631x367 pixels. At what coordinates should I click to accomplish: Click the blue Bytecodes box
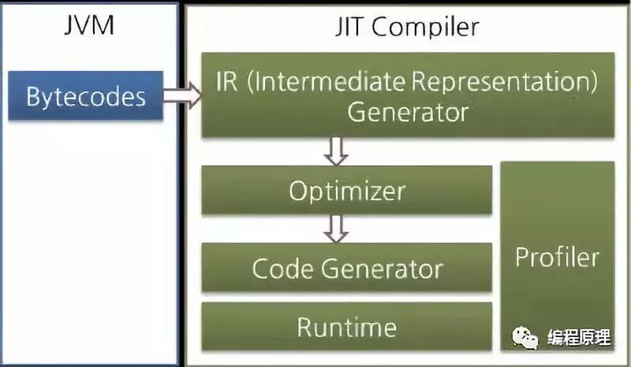click(86, 96)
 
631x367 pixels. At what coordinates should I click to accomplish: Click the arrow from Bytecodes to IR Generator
click(182, 96)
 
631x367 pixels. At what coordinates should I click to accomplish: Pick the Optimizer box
click(347, 190)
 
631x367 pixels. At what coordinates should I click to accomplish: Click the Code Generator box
click(347, 268)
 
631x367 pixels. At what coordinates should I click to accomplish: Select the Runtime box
click(347, 326)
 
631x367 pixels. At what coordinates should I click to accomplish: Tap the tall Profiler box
click(557, 256)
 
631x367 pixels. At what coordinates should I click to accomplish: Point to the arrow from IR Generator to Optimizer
click(337, 150)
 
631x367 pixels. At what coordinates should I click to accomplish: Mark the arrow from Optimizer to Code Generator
click(337, 228)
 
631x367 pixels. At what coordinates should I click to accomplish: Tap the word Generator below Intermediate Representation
click(408, 112)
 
